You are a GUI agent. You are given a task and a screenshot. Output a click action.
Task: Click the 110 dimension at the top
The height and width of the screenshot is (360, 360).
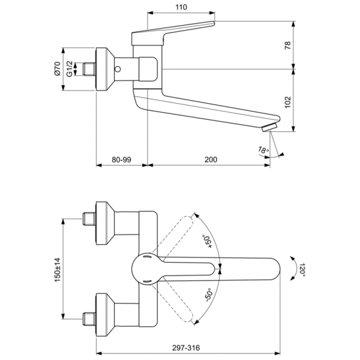click(x=181, y=7)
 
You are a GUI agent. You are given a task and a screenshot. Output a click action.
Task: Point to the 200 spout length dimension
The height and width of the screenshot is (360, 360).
click(x=211, y=160)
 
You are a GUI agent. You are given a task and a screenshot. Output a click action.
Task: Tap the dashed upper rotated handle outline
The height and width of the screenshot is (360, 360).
click(x=180, y=231)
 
